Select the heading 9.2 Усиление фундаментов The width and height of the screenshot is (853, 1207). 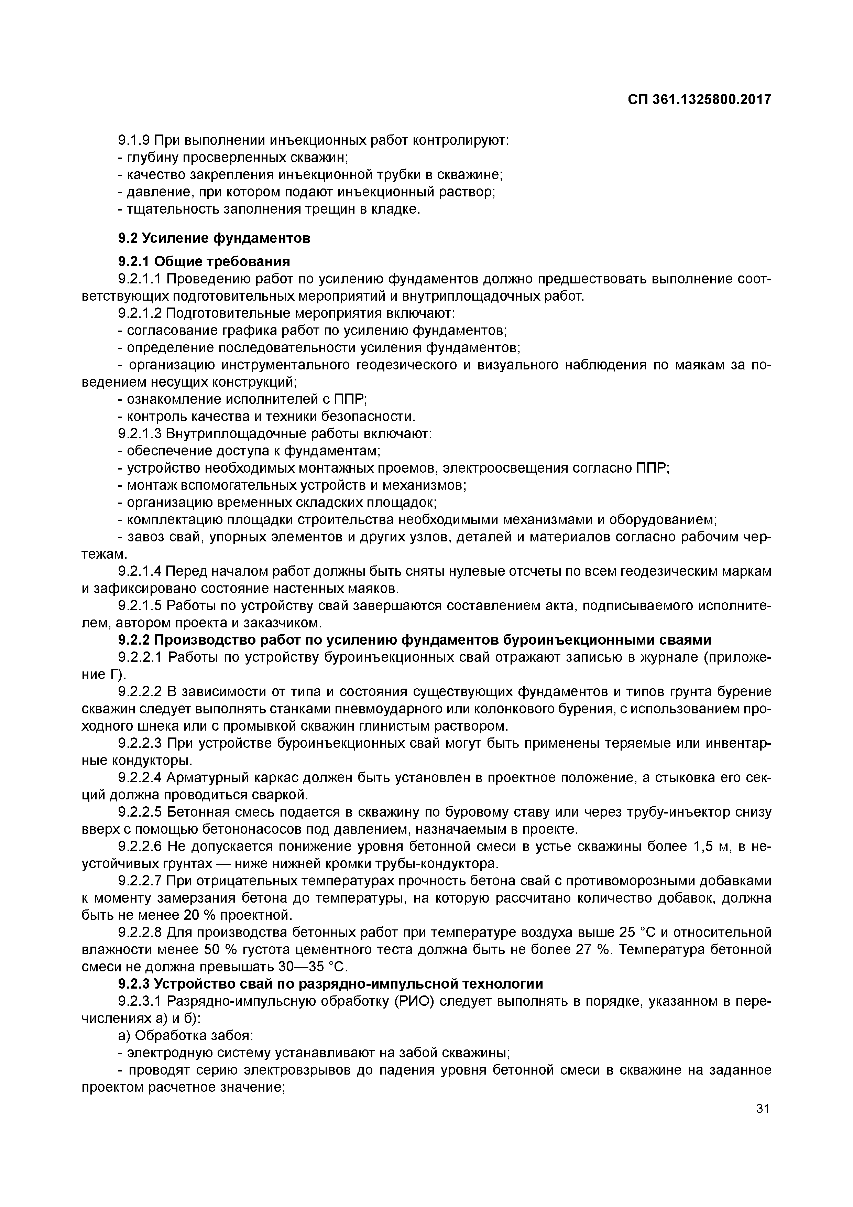pyautogui.click(x=214, y=238)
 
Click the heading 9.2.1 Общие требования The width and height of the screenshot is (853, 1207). pyautogui.click(x=204, y=261)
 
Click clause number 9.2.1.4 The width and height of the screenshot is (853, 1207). pyautogui.click(x=139, y=571)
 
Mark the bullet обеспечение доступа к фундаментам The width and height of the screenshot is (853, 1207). pyautogui.click(x=249, y=451)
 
